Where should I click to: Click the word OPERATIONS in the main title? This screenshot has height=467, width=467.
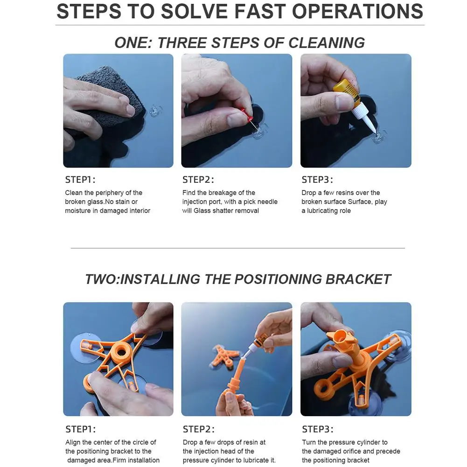[357, 11]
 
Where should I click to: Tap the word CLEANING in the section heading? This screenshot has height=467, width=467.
[327, 43]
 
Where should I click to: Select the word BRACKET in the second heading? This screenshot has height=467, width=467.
[358, 279]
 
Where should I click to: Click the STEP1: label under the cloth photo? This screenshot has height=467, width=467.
[80, 180]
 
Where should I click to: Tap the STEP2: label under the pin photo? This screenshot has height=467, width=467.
[198, 180]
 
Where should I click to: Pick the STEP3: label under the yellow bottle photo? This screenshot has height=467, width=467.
[317, 180]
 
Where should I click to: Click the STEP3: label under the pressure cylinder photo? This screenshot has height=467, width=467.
[318, 429]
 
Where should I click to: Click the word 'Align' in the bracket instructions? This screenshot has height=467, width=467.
[73, 443]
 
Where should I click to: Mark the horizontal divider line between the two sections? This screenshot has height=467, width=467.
[237, 248]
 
